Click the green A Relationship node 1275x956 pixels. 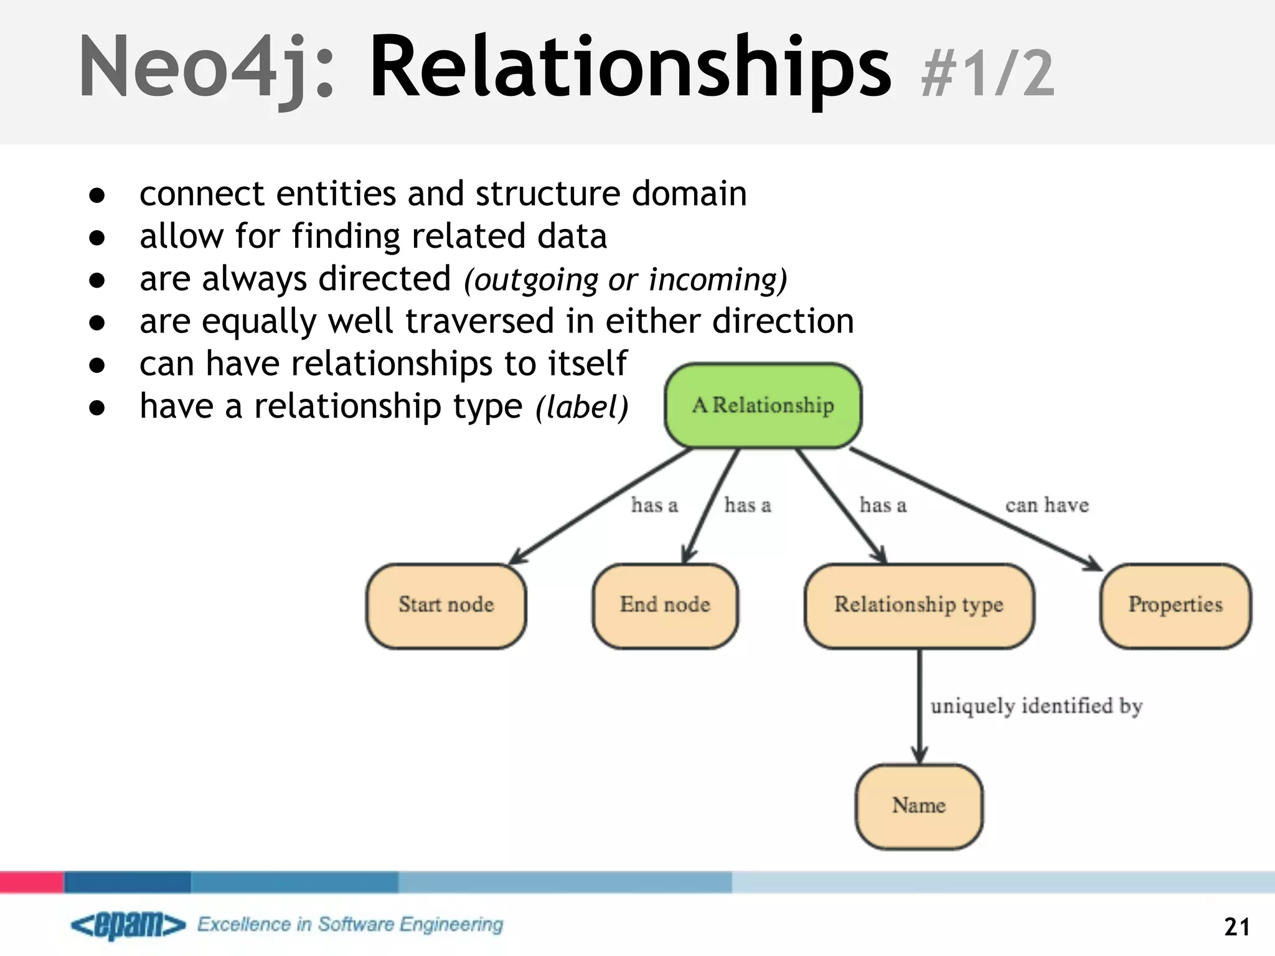point(763,406)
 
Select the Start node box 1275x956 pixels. point(446,606)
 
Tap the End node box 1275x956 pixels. point(665,606)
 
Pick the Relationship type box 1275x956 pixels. point(919,606)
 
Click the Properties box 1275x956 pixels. point(1175,606)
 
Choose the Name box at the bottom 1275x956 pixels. point(919,806)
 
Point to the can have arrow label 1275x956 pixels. point(1047,505)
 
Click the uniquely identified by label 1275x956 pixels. point(1036,706)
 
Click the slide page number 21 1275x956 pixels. point(1236,927)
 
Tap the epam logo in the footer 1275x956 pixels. point(128,925)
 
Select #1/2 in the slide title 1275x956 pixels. point(988,75)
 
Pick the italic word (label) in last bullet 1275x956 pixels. point(582,408)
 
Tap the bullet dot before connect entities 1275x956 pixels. point(96,195)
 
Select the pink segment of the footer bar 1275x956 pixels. point(31,882)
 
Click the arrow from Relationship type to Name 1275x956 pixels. point(920,706)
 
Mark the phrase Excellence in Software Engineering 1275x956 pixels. point(350,924)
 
